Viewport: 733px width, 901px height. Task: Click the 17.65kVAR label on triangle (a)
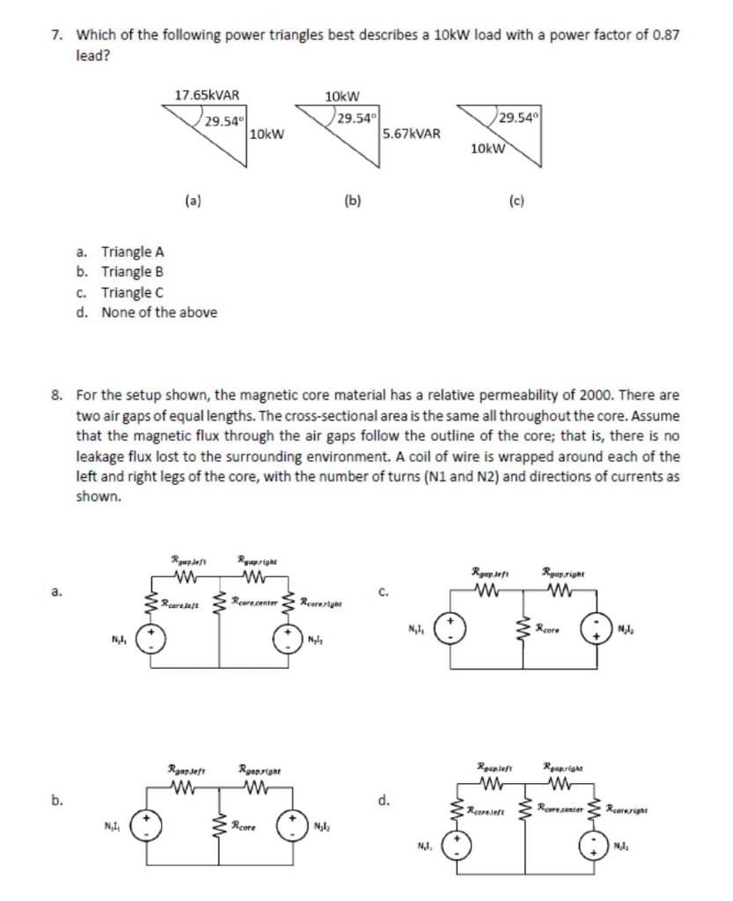(208, 95)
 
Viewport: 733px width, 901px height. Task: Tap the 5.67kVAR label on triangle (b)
(412, 134)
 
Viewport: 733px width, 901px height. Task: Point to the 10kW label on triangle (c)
(487, 149)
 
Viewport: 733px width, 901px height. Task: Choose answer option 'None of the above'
(159, 312)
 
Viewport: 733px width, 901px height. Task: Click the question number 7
(56, 35)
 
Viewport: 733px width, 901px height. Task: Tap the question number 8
(56, 396)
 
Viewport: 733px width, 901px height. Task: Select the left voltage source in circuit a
(151, 637)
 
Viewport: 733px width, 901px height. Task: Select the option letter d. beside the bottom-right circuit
(384, 800)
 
